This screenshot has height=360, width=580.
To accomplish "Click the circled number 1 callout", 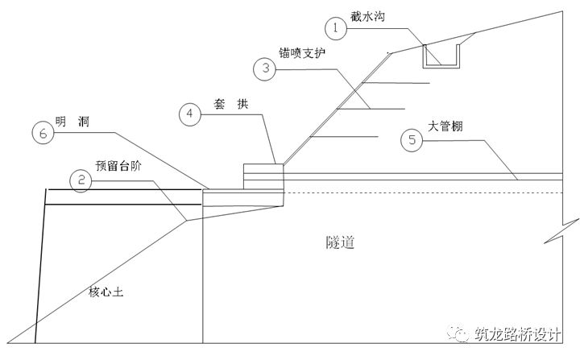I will (335, 27).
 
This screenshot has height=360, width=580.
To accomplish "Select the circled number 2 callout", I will (78, 180).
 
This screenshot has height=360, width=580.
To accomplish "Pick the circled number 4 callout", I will (188, 114).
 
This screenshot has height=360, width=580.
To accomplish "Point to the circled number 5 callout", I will (412, 141).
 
